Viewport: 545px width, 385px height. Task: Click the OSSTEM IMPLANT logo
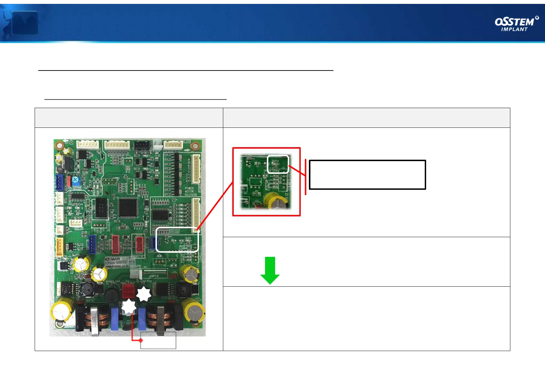[x=516, y=24]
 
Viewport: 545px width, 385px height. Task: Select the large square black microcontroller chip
[x=128, y=208]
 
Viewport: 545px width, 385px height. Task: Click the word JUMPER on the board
[x=154, y=276]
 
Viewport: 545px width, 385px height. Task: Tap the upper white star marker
[x=144, y=294]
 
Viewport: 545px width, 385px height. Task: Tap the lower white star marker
[x=129, y=307]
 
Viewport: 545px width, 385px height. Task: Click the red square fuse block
[x=128, y=291]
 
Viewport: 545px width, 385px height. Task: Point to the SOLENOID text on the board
[x=191, y=195]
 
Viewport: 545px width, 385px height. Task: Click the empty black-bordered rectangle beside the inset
[x=367, y=175]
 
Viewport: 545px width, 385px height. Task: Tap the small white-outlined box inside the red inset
[x=278, y=164]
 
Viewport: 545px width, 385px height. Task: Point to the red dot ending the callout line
[x=141, y=340]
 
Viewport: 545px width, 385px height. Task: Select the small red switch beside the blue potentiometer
[x=69, y=182]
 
